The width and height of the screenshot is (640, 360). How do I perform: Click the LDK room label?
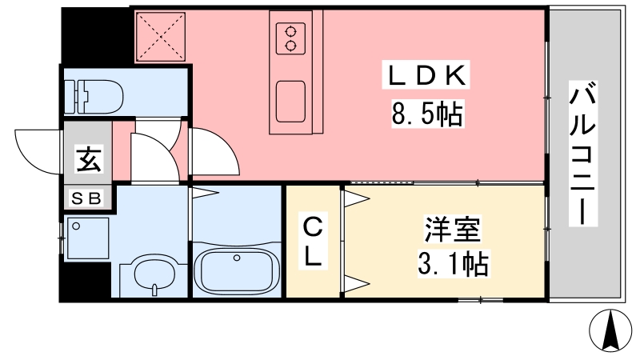pos(426,75)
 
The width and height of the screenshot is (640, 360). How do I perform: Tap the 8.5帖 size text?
pos(427,114)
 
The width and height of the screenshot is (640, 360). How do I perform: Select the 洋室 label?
pos(453,230)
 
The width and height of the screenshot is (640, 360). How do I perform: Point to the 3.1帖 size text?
pos(453,264)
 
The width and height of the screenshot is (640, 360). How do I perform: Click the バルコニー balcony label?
pos(583,154)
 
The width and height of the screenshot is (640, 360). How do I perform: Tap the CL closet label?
pos(313,242)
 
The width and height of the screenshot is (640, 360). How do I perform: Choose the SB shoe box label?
pos(86,198)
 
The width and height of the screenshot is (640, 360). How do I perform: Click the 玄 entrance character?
pos(89,160)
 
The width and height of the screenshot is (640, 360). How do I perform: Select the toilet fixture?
pos(94,96)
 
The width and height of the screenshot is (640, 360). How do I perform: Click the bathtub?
pos(236,270)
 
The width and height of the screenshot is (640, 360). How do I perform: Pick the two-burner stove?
pos(290,38)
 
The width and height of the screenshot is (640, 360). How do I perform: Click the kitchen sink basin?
pos(290,102)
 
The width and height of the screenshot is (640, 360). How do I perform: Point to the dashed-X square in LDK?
pos(161,37)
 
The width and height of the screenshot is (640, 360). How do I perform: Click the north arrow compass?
pos(610,330)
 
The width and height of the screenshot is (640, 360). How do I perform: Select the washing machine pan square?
pos(88,238)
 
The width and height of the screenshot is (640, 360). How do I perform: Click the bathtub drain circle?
pos(237,258)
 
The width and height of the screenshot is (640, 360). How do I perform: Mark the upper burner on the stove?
pos(290,31)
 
